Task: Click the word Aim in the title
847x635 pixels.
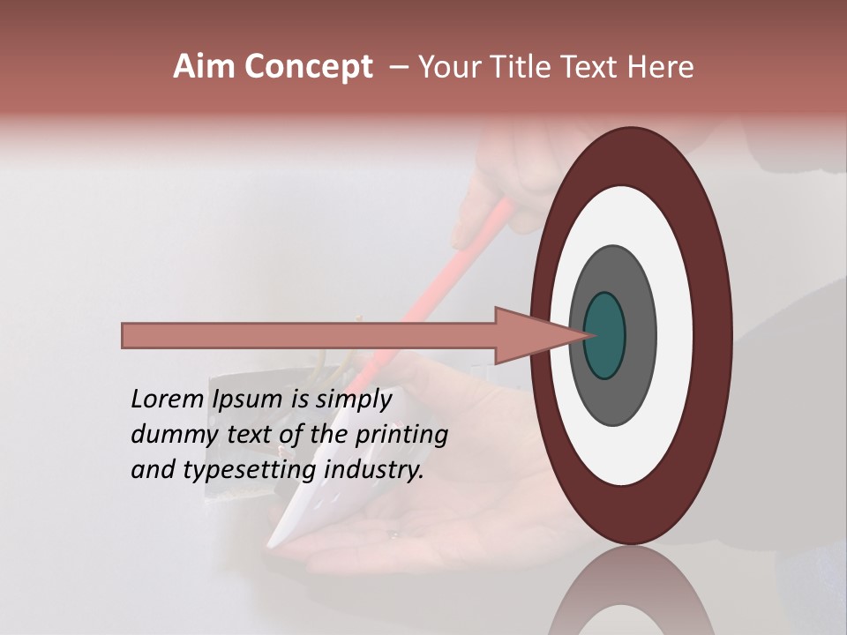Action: pyautogui.click(x=206, y=67)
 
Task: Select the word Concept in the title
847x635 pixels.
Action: pyautogui.click(x=308, y=67)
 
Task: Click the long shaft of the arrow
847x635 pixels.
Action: pyautogui.click(x=309, y=335)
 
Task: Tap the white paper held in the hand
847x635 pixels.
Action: pyautogui.click(x=300, y=512)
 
